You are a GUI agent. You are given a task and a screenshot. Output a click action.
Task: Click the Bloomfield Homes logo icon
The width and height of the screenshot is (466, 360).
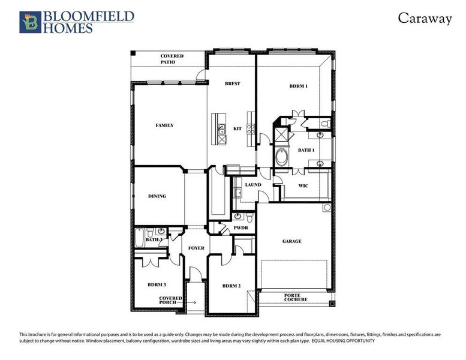[x=30, y=22]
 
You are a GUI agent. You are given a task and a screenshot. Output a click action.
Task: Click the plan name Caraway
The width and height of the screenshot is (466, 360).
[x=424, y=19]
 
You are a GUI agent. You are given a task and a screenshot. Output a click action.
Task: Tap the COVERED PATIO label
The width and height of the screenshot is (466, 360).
[x=172, y=59]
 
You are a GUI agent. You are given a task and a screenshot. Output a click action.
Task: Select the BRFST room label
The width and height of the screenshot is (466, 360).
[x=232, y=83]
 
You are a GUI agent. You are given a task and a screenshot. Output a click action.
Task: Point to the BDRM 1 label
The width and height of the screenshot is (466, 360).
[x=298, y=86]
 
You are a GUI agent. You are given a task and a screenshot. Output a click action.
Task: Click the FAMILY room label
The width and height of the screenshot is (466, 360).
[x=165, y=125]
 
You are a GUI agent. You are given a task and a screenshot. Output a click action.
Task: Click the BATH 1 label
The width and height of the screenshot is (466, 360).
[x=306, y=150]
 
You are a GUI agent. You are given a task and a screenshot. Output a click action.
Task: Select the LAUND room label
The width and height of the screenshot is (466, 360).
[x=253, y=184]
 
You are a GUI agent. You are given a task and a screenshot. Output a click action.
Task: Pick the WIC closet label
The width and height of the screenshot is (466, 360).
[x=303, y=186]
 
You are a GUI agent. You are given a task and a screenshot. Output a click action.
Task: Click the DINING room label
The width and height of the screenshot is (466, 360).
[x=157, y=196]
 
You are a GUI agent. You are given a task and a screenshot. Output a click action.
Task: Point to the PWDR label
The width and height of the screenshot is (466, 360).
[x=241, y=228]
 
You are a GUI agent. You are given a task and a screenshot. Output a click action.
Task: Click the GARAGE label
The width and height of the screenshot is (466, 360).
[x=292, y=241]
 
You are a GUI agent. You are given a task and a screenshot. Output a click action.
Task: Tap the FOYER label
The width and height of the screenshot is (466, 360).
[x=196, y=248]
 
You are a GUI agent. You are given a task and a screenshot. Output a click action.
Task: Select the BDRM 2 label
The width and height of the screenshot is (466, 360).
[x=231, y=286]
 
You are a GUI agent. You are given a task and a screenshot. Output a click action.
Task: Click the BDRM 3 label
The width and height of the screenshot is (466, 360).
[x=157, y=284]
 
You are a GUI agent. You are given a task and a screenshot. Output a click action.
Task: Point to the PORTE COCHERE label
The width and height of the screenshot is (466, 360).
[x=296, y=297]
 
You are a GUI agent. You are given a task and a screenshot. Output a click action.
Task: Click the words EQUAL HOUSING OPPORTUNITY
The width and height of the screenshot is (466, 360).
[x=343, y=341]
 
